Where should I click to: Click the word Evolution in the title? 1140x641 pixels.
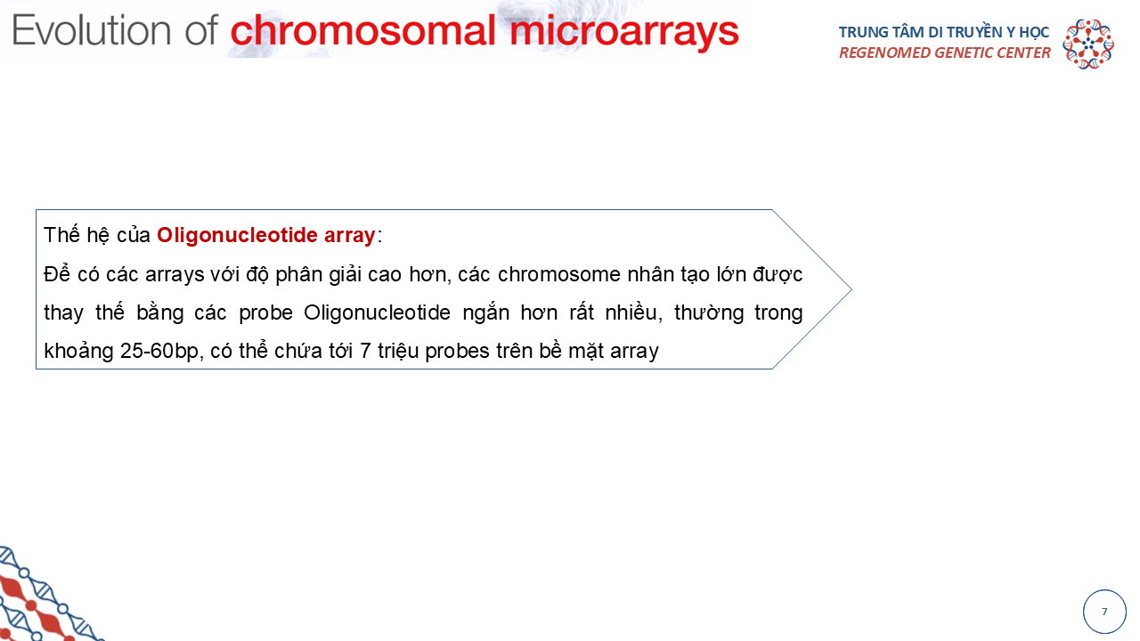92,30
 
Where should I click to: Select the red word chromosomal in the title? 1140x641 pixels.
363,30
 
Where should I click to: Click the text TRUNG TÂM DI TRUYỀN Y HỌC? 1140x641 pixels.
944,32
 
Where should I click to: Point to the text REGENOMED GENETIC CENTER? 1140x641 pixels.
945,53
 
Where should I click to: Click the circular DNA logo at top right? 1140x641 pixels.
1088,44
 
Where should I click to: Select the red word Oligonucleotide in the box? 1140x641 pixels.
237,236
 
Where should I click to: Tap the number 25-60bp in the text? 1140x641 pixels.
159,351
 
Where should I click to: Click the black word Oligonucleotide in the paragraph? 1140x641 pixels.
377,312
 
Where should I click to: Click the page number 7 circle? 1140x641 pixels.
1104,612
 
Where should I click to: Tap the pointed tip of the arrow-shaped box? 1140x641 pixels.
851,289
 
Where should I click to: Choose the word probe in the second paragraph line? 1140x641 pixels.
265,313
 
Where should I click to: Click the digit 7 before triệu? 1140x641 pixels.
365,351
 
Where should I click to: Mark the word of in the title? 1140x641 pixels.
201,30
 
